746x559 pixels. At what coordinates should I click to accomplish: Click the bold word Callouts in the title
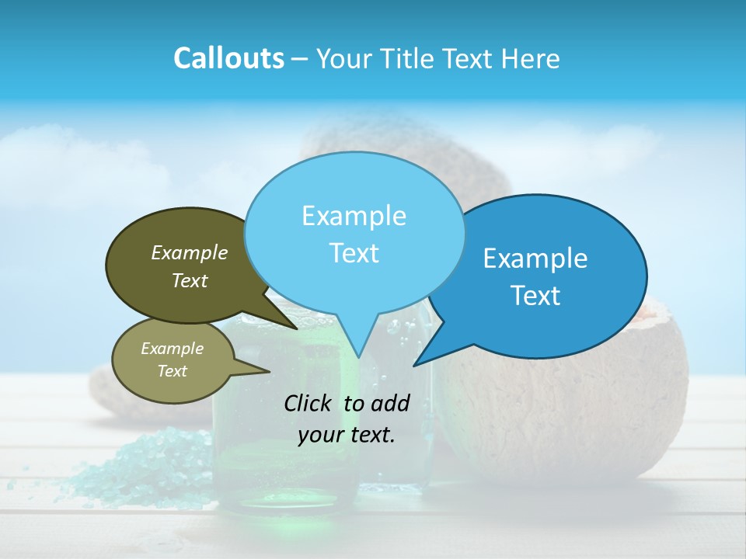click(228, 58)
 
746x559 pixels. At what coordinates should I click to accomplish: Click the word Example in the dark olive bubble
click(190, 252)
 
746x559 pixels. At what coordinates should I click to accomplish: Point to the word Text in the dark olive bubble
click(190, 280)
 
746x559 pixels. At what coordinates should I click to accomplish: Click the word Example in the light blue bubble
click(354, 216)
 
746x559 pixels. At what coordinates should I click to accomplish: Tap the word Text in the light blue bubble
click(354, 253)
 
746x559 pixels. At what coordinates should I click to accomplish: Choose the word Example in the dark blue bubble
click(535, 259)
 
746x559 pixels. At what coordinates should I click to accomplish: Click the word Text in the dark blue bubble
click(535, 296)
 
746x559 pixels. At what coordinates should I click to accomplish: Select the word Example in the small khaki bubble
click(172, 349)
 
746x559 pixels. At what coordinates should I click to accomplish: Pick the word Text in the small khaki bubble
click(172, 371)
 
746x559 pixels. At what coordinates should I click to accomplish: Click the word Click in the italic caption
click(309, 403)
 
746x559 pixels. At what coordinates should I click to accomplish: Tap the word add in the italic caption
click(390, 403)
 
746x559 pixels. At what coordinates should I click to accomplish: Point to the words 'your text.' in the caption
click(347, 435)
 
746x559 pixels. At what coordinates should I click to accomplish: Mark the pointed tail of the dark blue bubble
click(424, 359)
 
